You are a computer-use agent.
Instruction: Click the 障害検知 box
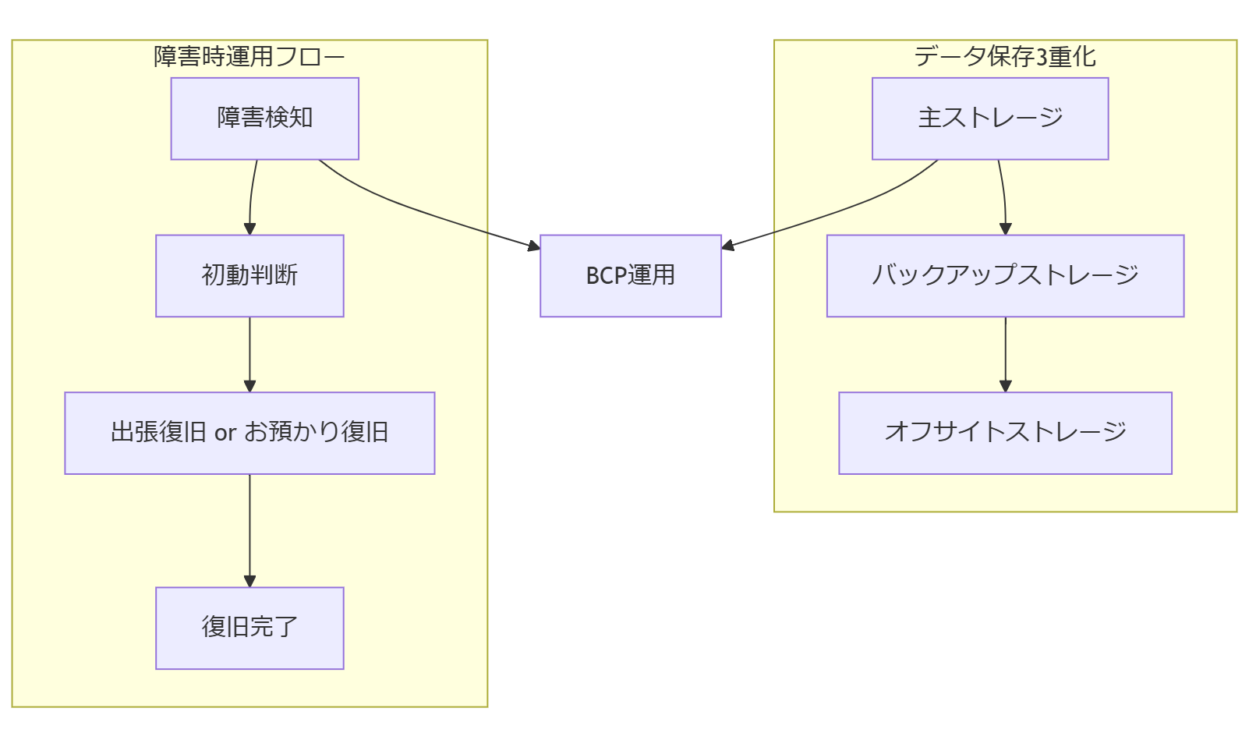pyautogui.click(x=264, y=119)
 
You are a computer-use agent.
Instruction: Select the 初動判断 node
pyautogui.click(x=249, y=275)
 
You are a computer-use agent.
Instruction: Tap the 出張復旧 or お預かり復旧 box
pyautogui.click(x=249, y=433)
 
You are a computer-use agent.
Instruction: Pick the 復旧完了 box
pyautogui.click(x=249, y=628)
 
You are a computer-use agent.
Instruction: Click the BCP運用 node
pyautogui.click(x=630, y=275)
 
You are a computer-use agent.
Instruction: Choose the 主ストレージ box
pyautogui.click(x=989, y=119)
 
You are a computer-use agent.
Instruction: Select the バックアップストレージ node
pyautogui.click(x=1005, y=275)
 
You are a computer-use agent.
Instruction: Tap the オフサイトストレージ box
pyautogui.click(x=1005, y=433)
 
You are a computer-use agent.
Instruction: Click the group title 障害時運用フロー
pyautogui.click(x=249, y=57)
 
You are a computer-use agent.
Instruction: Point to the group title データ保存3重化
pyautogui.click(x=1004, y=57)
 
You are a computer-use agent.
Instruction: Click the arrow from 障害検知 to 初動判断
pyautogui.click(x=251, y=195)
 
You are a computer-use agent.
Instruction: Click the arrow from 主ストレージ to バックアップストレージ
pyautogui.click(x=1004, y=195)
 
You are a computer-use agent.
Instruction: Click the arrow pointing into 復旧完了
pyautogui.click(x=249, y=530)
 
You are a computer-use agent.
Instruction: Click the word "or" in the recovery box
pyautogui.click(x=225, y=433)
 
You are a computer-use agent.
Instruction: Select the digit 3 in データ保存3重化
pyautogui.click(x=1041, y=57)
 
